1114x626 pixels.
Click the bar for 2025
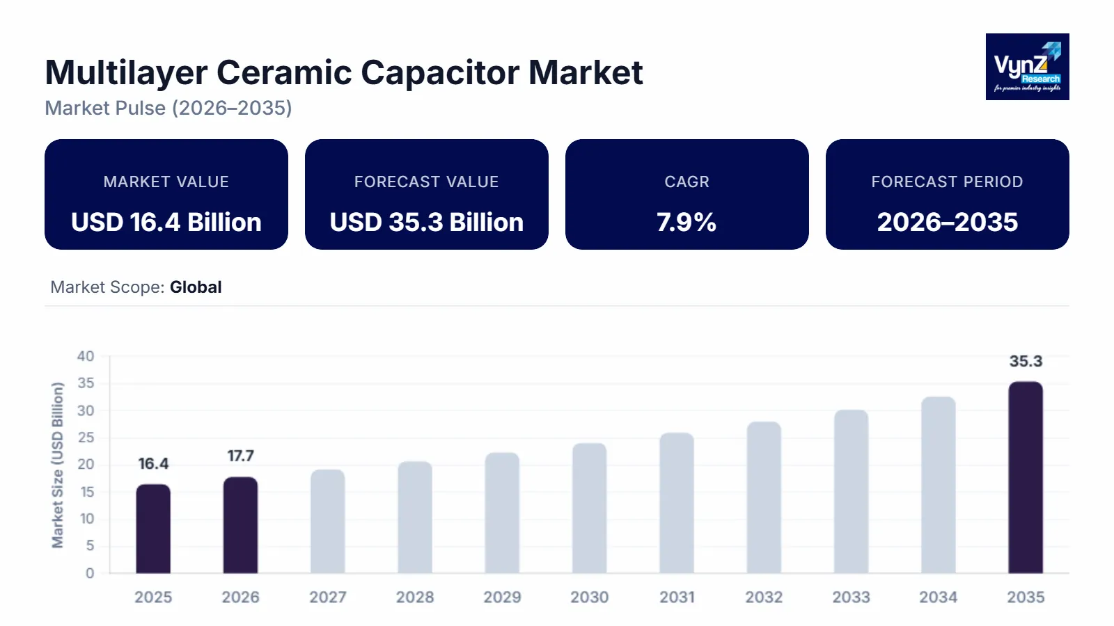(153, 529)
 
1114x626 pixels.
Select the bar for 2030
(590, 508)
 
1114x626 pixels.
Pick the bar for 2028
(415, 517)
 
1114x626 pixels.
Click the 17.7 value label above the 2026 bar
(240, 456)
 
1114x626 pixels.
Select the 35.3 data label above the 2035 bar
(1026, 362)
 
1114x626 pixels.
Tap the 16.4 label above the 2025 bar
(153, 464)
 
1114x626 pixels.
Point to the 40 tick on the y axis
(86, 356)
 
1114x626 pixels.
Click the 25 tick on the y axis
(86, 438)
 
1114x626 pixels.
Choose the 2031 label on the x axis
(677, 597)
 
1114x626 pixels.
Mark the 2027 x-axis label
(328, 597)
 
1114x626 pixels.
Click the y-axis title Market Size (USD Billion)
(57, 465)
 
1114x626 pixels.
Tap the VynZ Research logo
(1027, 67)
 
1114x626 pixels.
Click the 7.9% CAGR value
(687, 223)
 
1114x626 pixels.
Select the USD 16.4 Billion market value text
(166, 223)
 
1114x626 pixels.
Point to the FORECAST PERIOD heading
(947, 182)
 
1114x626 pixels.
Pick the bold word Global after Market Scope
(196, 287)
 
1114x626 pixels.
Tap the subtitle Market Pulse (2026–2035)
(168, 109)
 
